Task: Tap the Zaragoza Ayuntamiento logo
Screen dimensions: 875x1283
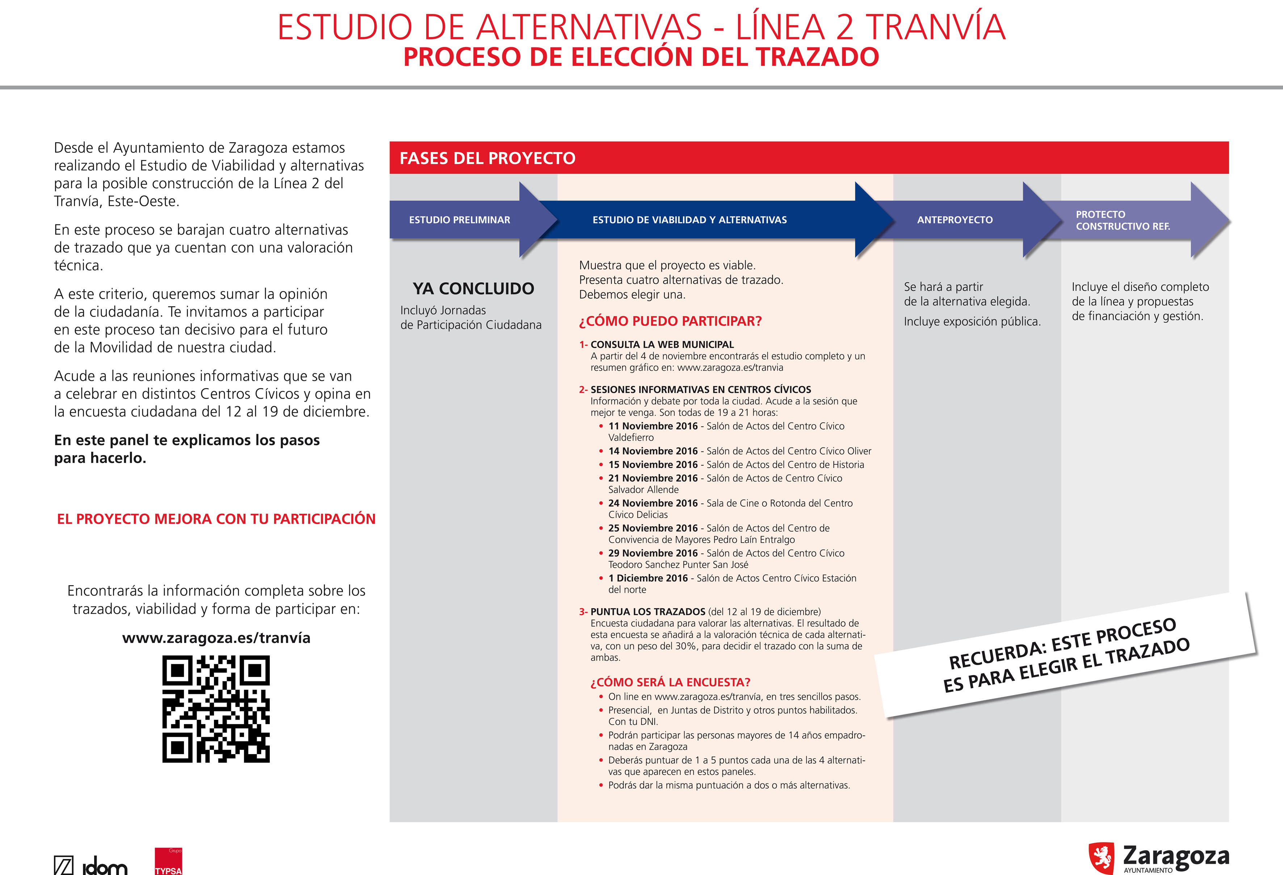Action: (1158, 858)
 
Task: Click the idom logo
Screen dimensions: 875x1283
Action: (91, 866)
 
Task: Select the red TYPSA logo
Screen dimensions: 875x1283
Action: (168, 862)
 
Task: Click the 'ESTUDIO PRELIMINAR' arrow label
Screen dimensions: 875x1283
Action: (459, 220)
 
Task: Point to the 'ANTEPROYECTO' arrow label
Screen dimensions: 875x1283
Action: (955, 220)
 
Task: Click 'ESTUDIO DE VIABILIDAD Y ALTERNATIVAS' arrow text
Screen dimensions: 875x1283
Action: (689, 220)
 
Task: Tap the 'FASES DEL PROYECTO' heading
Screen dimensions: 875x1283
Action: (487, 159)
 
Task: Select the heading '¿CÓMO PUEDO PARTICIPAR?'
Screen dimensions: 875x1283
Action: (670, 321)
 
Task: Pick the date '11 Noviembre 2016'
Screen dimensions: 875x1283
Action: (653, 426)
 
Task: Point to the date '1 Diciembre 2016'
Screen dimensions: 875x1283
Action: (647, 578)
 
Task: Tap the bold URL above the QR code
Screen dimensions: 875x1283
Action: (216, 638)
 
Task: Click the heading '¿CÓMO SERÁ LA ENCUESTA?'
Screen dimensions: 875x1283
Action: (670, 682)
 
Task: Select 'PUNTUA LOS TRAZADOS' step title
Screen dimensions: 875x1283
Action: (647, 612)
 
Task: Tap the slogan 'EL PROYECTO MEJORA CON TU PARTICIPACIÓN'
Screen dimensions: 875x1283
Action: (216, 519)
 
